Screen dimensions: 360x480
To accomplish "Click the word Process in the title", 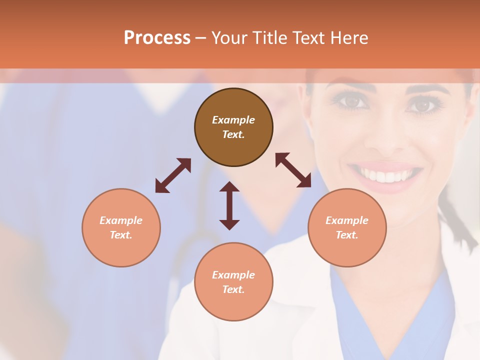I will pyautogui.click(x=157, y=38).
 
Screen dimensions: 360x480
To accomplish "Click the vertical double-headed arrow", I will pyautogui.click(x=229, y=205).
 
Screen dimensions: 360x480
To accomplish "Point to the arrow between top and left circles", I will pyautogui.click(x=173, y=175).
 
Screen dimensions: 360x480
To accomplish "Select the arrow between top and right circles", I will pyautogui.click(x=293, y=170).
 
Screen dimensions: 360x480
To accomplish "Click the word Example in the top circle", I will pyautogui.click(x=233, y=120).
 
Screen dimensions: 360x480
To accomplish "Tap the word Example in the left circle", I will pyautogui.click(x=121, y=220).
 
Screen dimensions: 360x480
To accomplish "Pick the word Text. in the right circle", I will pyautogui.click(x=347, y=235).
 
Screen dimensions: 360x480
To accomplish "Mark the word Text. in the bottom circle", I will pyautogui.click(x=233, y=289).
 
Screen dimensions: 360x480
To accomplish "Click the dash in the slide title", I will pyautogui.click(x=201, y=38).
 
